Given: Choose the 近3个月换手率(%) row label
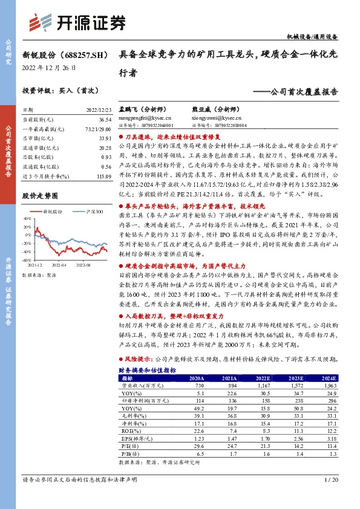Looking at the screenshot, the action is (x=44, y=175).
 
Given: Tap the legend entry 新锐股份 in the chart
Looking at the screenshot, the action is (x=53, y=212).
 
